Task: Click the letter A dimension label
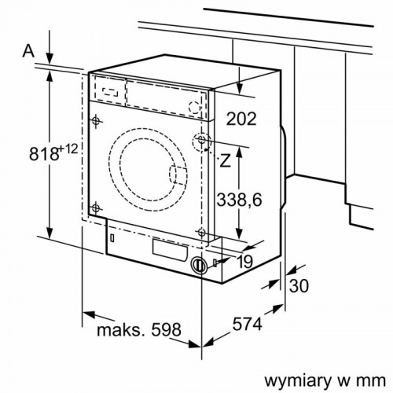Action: (29, 51)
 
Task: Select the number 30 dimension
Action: (299, 286)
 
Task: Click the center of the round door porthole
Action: (146, 163)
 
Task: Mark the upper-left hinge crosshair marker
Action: (96, 121)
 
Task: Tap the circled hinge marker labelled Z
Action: (204, 142)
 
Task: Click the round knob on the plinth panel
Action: (200, 266)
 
